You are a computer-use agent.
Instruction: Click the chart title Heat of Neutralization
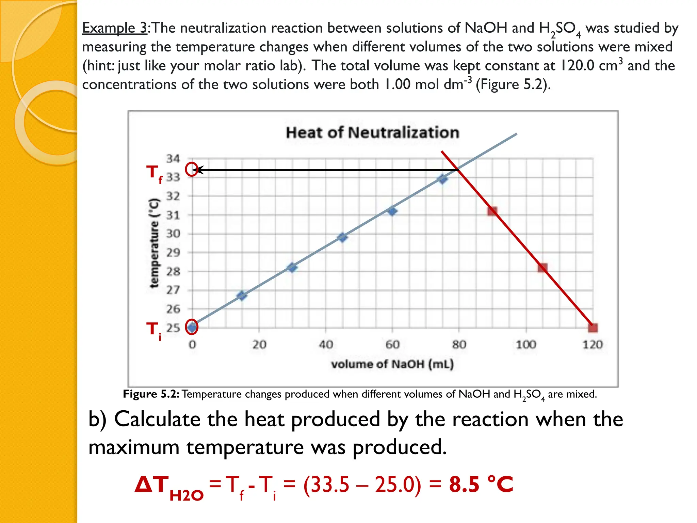point(372,132)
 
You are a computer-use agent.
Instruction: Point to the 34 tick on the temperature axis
point(173,159)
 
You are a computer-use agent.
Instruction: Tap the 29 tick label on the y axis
point(173,253)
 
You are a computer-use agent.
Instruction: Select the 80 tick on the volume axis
point(459,345)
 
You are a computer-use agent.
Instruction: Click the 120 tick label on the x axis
point(592,345)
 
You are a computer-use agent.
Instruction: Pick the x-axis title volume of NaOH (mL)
point(392,364)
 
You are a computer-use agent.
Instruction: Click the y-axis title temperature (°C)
point(154,243)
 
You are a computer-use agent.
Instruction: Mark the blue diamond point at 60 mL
point(392,211)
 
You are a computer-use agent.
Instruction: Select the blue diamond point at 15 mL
point(242,295)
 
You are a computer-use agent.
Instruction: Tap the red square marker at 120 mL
point(593,328)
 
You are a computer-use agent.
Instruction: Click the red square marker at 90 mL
point(492,211)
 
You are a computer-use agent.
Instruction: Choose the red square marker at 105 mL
point(542,268)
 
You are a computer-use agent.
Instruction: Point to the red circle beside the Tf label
point(192,169)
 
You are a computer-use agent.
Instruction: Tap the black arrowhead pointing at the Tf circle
point(200,170)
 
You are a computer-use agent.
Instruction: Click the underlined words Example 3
point(115,28)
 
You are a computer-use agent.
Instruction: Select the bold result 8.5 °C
point(481,484)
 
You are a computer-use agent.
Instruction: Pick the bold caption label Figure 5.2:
point(151,394)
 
